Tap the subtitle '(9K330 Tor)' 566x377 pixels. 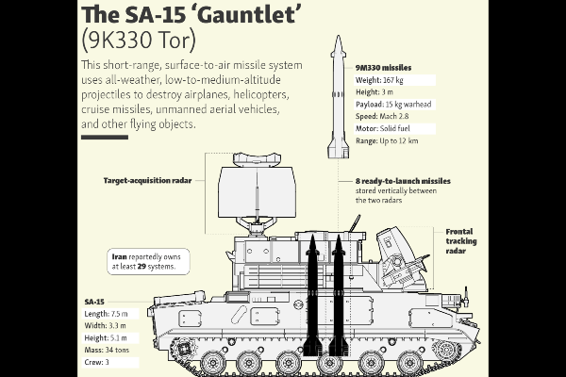(x=139, y=40)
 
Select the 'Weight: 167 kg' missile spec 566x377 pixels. (x=379, y=80)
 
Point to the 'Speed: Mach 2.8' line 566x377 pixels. (x=382, y=117)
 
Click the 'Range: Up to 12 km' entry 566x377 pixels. (x=387, y=140)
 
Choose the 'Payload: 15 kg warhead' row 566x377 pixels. (x=393, y=105)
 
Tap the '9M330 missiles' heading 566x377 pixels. (x=383, y=68)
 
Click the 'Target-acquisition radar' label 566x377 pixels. (x=147, y=180)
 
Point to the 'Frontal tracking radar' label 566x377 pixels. (x=461, y=241)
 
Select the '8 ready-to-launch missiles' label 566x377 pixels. (x=403, y=181)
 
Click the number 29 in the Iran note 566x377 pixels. (x=141, y=267)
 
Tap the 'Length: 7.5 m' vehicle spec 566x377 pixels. (x=106, y=314)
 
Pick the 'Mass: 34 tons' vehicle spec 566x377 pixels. (x=107, y=350)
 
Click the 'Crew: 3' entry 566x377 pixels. (x=96, y=362)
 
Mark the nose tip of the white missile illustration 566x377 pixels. (x=339, y=36)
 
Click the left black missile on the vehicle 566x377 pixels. (x=312, y=294)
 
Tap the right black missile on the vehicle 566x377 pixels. (x=339, y=294)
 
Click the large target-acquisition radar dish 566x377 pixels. (x=257, y=192)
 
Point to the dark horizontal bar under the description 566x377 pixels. (x=105, y=137)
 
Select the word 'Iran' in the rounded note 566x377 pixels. (x=119, y=257)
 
